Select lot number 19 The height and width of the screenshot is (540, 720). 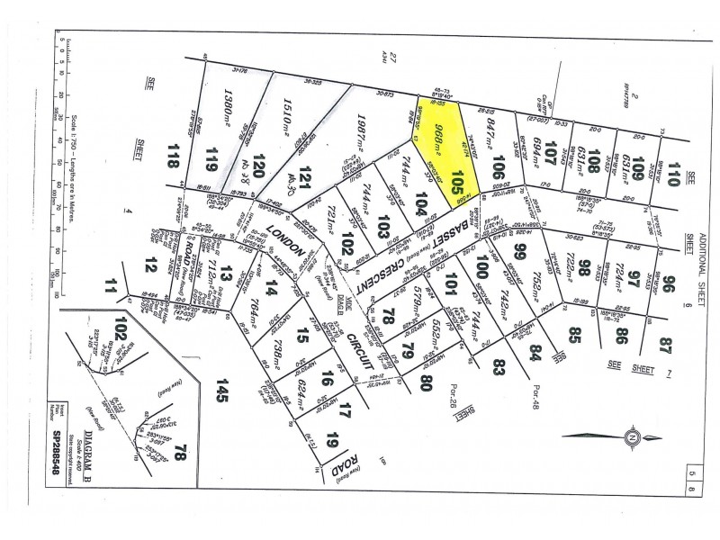pyautogui.click(x=332, y=441)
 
